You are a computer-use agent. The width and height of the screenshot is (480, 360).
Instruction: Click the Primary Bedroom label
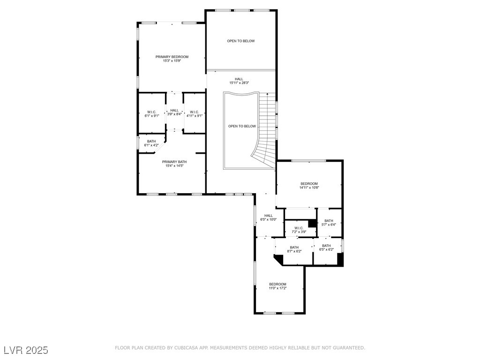[x=172, y=57]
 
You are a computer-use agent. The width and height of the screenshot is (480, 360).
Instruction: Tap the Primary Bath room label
[x=174, y=162]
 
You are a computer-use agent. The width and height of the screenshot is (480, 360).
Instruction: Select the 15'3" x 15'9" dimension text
[x=172, y=60]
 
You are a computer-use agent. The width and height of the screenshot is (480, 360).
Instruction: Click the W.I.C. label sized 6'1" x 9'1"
[x=151, y=112]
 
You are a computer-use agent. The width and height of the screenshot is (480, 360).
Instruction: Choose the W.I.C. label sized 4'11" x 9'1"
[x=194, y=112]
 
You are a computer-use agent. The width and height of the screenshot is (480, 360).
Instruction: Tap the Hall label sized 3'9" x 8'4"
[x=174, y=110]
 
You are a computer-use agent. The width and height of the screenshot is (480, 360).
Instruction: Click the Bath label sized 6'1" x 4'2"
[x=151, y=141]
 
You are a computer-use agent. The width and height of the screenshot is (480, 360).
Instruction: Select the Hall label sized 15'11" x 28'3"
[x=239, y=79]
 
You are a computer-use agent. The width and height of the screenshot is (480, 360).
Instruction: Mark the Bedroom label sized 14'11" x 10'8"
[x=309, y=184]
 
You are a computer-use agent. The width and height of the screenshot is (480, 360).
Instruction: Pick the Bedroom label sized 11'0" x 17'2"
[x=277, y=284]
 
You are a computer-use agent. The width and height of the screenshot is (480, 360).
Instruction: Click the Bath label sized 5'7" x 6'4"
[x=329, y=221]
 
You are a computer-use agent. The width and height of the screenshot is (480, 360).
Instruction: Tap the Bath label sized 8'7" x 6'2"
[x=294, y=247]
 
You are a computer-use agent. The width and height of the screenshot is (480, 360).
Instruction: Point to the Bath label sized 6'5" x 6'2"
[x=326, y=246]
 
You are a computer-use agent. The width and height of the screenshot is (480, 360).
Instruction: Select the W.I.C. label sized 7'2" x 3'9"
[x=299, y=228]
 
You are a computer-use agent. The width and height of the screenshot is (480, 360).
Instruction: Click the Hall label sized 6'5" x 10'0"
[x=269, y=216]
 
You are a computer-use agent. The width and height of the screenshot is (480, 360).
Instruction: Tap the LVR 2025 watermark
[x=26, y=350]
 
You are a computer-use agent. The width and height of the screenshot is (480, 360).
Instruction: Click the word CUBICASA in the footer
[x=187, y=348]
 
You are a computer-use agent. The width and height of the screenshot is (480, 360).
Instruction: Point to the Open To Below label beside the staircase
[x=242, y=126]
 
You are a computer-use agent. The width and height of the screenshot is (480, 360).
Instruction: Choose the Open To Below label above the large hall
[x=240, y=41]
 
